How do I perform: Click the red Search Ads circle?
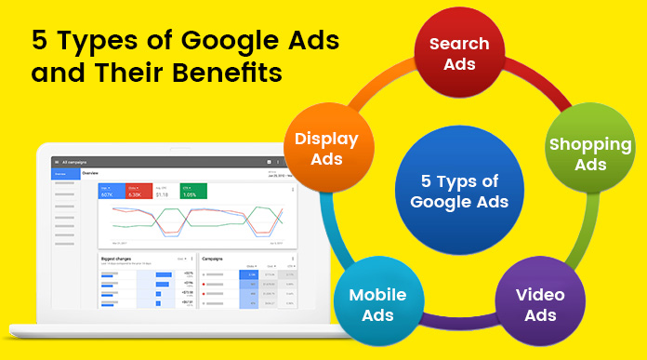click(x=459, y=54)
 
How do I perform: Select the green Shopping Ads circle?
click(x=590, y=154)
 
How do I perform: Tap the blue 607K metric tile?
click(x=111, y=192)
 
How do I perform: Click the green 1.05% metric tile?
click(x=193, y=192)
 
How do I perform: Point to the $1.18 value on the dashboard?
click(x=164, y=193)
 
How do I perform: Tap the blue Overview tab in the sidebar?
click(x=60, y=174)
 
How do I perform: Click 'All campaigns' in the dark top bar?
click(x=76, y=162)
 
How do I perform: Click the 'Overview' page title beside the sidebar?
click(x=90, y=174)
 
